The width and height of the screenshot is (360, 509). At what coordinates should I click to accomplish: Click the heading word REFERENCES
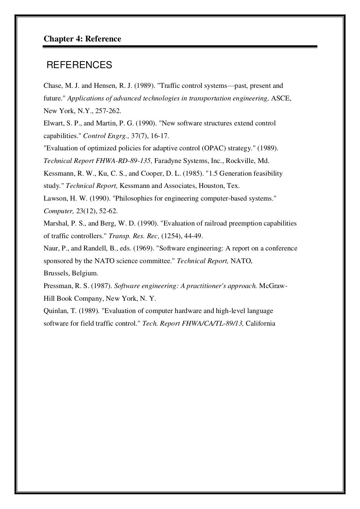(79, 65)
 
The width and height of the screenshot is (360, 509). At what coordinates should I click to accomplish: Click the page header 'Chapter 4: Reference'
(82, 39)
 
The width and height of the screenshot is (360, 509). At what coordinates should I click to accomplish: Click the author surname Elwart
(52, 123)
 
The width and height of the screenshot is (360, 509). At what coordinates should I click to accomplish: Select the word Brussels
(56, 273)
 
